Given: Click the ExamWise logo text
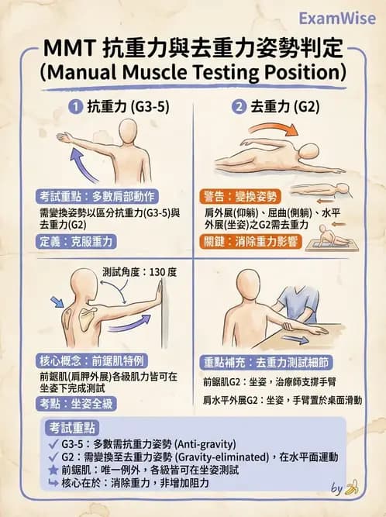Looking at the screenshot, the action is pos(337,19).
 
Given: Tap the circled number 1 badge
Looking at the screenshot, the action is pos(76,107).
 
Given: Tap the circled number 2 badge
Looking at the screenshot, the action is pos(239,107).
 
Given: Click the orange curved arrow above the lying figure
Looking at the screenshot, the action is pos(274,129).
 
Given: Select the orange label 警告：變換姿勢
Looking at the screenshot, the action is pos(240,197).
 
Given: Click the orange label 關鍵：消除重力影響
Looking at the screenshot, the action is pos(250,242).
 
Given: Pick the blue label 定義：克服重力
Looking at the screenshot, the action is pos(76,242).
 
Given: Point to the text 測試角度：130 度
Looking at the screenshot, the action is pos(140,272).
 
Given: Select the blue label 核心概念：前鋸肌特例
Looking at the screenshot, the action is pos(91,361).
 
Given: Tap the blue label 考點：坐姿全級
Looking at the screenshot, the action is pos(76,404).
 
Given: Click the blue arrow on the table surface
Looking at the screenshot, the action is pos(295,339).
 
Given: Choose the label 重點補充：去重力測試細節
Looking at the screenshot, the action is pos(267,363).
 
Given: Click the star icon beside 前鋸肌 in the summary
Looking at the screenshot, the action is pos(53,470).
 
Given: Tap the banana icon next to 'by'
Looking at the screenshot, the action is pos(351,487).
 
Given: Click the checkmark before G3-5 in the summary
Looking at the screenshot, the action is pos(53,444).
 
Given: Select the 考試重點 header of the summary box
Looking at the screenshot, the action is pos(72,428).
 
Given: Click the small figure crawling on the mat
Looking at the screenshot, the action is pos(331,236).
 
